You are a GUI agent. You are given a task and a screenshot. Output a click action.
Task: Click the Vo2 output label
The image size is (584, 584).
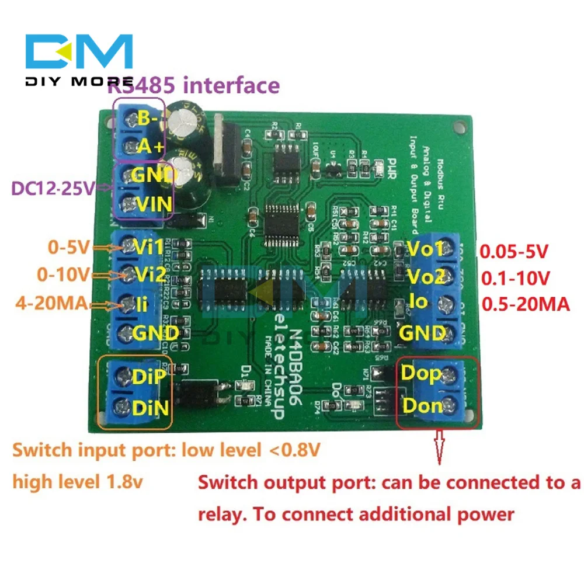426,275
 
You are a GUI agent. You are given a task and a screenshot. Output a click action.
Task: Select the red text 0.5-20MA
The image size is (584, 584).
524,304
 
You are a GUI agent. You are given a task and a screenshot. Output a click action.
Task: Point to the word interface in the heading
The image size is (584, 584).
232,85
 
